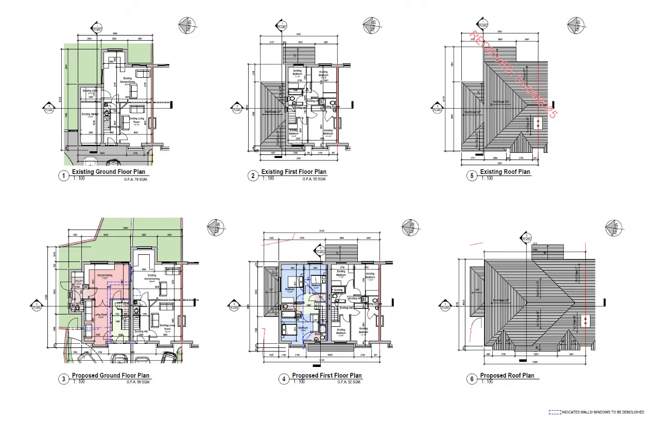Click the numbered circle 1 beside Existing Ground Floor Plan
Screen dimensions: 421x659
[64, 176]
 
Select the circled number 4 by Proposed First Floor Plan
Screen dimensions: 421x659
[283, 380]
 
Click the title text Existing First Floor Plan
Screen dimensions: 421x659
[293, 172]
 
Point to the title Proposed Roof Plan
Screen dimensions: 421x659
[507, 376]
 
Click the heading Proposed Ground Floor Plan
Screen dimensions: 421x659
[111, 376]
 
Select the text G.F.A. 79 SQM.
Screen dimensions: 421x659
[136, 179]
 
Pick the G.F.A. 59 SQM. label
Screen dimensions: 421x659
[138, 382]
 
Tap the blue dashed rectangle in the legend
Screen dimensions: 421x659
[554, 412]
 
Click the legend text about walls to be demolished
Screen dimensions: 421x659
[602, 412]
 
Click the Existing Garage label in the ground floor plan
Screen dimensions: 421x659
[90, 115]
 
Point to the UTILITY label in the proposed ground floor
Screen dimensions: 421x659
[79, 281]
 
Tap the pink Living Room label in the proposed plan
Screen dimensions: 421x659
[100, 314]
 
